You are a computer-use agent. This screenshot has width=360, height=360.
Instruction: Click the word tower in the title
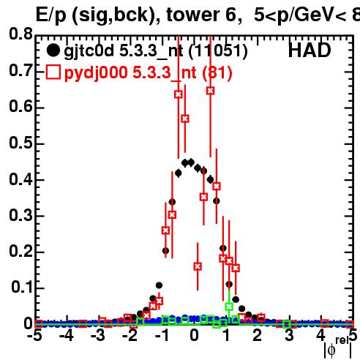(x=193, y=15)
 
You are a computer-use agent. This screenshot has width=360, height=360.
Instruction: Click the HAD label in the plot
(x=310, y=50)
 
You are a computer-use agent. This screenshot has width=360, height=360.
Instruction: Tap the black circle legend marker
(x=53, y=50)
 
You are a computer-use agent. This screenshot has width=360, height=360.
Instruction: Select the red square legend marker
(x=53, y=72)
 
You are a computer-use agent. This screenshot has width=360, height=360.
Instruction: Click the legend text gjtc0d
(x=89, y=51)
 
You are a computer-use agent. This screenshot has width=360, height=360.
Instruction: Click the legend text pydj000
(x=96, y=73)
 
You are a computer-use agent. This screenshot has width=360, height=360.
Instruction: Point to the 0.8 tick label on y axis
(x=20, y=34)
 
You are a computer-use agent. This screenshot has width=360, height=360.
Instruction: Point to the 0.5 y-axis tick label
(x=20, y=143)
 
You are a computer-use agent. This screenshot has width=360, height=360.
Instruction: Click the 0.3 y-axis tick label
(x=20, y=215)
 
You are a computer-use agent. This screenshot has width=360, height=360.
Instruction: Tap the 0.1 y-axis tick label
(x=22, y=287)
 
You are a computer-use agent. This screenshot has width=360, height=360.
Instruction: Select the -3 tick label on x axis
(x=98, y=335)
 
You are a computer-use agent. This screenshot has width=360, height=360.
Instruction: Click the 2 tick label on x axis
(x=258, y=335)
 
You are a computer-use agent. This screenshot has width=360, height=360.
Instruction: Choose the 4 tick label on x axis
(x=320, y=335)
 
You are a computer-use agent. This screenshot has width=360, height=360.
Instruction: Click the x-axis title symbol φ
(x=331, y=350)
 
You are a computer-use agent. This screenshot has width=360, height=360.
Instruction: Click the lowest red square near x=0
(x=198, y=266)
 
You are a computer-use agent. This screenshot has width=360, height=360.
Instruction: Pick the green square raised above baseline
(x=229, y=307)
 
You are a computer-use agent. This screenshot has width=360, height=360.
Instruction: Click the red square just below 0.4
(x=217, y=186)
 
